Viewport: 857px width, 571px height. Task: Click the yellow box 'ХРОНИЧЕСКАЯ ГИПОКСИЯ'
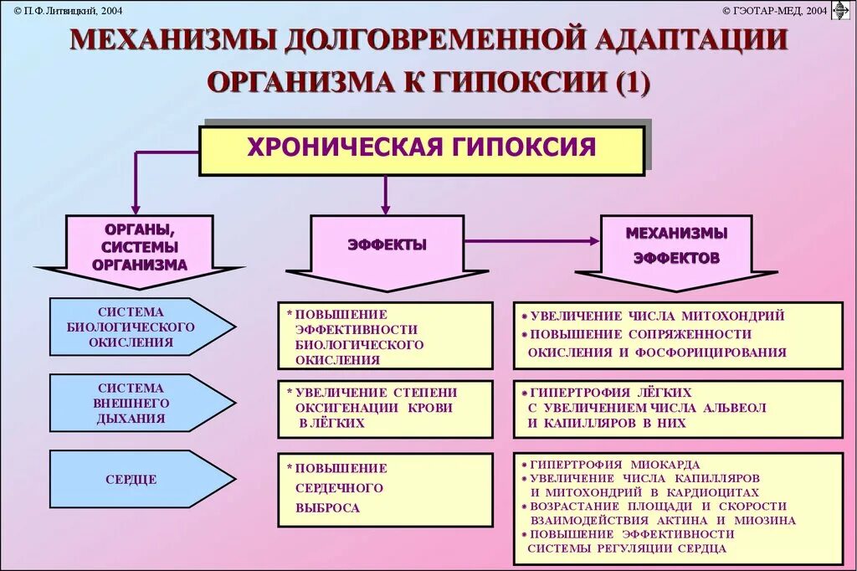421,150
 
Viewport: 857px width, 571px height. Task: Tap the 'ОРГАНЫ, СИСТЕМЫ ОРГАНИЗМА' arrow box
140,247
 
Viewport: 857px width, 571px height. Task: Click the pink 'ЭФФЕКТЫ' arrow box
387,246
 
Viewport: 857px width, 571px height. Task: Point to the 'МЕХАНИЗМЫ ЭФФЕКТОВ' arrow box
676,246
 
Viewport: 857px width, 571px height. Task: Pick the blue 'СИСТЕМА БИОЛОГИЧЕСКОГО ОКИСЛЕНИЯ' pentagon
134,327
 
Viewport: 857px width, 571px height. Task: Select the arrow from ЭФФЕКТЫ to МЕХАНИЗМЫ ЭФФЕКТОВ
531,241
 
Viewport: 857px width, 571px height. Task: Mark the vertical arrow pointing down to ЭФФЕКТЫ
385,194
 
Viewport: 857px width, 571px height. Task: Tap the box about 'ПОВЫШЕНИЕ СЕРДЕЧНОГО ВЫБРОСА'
385,489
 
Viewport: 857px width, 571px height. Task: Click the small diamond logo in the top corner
840,11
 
